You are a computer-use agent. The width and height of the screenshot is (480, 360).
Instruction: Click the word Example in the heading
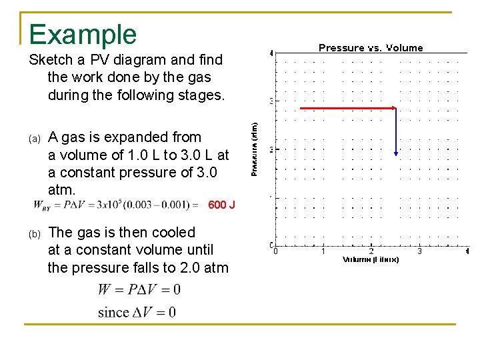coord(83,35)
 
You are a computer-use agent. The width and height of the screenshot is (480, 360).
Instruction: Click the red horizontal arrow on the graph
coord(347,108)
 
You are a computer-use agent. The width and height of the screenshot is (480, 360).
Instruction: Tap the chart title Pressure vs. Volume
coord(371,48)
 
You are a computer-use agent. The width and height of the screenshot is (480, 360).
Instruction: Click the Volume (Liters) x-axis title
coord(371,259)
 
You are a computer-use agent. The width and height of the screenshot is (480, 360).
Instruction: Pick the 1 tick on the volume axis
coord(323,251)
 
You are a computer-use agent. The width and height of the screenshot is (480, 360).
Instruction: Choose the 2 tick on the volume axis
coord(371,251)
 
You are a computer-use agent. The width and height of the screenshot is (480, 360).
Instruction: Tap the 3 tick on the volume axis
coord(419,251)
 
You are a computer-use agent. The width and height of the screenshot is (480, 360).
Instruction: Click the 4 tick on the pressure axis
coord(271,53)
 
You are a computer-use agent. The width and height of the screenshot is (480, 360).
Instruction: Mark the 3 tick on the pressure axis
coord(271,101)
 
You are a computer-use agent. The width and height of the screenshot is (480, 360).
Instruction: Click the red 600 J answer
coord(221,205)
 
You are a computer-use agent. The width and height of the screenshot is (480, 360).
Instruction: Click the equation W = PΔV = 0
coord(139,289)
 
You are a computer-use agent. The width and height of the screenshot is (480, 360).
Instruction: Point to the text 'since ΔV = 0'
coord(137,312)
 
